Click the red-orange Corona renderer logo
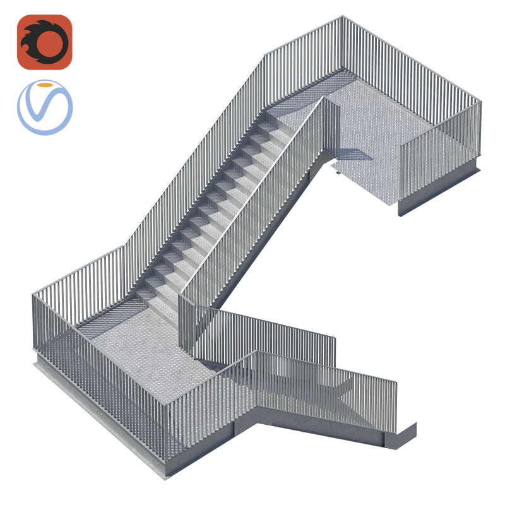[x=44, y=42]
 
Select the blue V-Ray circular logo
[x=44, y=107]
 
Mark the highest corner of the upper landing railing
[x=342, y=17]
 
